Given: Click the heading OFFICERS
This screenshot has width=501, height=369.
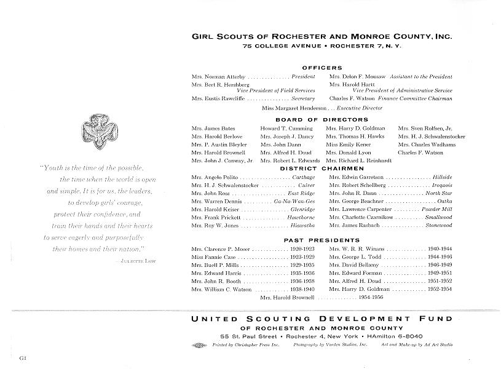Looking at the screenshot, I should point(322,68).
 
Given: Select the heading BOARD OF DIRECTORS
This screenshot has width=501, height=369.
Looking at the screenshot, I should point(322,119).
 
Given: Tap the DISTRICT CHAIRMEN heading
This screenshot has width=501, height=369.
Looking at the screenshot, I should point(322,169).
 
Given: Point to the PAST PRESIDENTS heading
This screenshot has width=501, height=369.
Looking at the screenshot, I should point(322,240).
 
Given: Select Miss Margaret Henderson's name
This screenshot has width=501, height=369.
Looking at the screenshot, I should point(286,108).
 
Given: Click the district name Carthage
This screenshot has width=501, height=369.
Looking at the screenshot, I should point(303,177).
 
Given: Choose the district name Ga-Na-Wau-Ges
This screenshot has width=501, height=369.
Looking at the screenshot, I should point(294,201).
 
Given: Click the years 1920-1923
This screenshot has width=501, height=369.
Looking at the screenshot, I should point(302,248).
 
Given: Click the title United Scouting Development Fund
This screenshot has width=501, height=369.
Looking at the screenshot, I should point(322,319).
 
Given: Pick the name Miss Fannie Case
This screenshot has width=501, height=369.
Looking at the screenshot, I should point(211,256).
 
